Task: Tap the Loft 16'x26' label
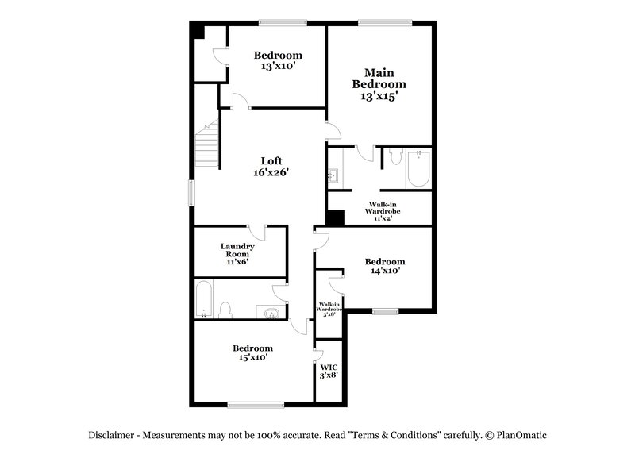[271, 166]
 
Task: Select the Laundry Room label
[238, 253]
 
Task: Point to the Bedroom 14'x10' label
[384, 266]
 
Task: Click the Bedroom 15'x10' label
[252, 352]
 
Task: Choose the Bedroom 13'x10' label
[277, 60]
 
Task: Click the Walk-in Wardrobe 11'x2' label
[383, 211]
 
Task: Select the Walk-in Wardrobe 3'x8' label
[329, 309]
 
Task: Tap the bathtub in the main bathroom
[418, 169]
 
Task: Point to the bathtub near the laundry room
[204, 300]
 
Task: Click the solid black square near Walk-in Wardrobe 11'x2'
[335, 218]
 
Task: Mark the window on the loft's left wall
[191, 193]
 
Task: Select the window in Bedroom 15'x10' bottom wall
[256, 405]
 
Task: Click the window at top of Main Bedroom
[384, 22]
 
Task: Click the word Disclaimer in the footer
[114, 435]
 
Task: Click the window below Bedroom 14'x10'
[386, 311]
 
